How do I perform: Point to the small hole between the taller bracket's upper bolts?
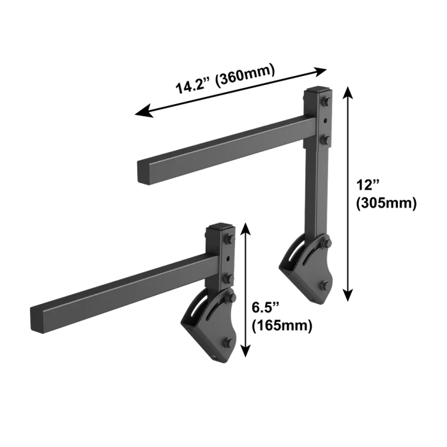pos(326,120)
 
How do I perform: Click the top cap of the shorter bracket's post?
pos(220,226)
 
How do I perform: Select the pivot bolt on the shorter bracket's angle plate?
pos(229,299)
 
